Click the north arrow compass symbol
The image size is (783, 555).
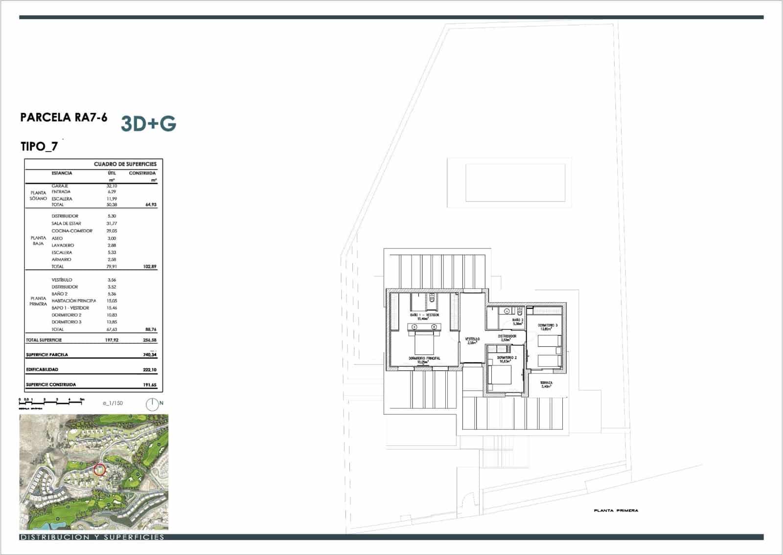pos(153,404)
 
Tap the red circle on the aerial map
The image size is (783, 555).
pos(99,470)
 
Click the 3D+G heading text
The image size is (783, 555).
pos(148,124)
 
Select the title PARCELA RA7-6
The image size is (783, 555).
pos(64,118)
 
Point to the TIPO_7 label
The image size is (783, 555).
pos(39,146)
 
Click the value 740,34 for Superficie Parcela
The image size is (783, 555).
pos(150,355)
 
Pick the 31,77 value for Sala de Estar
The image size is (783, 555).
pos(111,223)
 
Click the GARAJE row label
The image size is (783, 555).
pos(60,186)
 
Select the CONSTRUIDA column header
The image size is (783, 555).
pos(142,173)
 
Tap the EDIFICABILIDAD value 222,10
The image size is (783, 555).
pos(150,370)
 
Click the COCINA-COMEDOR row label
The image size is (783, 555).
pos(72,231)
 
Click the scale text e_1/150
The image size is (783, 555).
pos(113,403)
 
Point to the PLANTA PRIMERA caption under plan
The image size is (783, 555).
pos(616,511)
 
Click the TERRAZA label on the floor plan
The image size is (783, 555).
pos(547,383)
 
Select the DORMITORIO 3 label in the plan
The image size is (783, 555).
pos(548,325)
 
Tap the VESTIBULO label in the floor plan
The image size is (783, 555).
pos(472,339)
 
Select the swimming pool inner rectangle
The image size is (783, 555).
pos(515,182)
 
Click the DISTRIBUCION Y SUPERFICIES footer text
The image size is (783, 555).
pos(92,537)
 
